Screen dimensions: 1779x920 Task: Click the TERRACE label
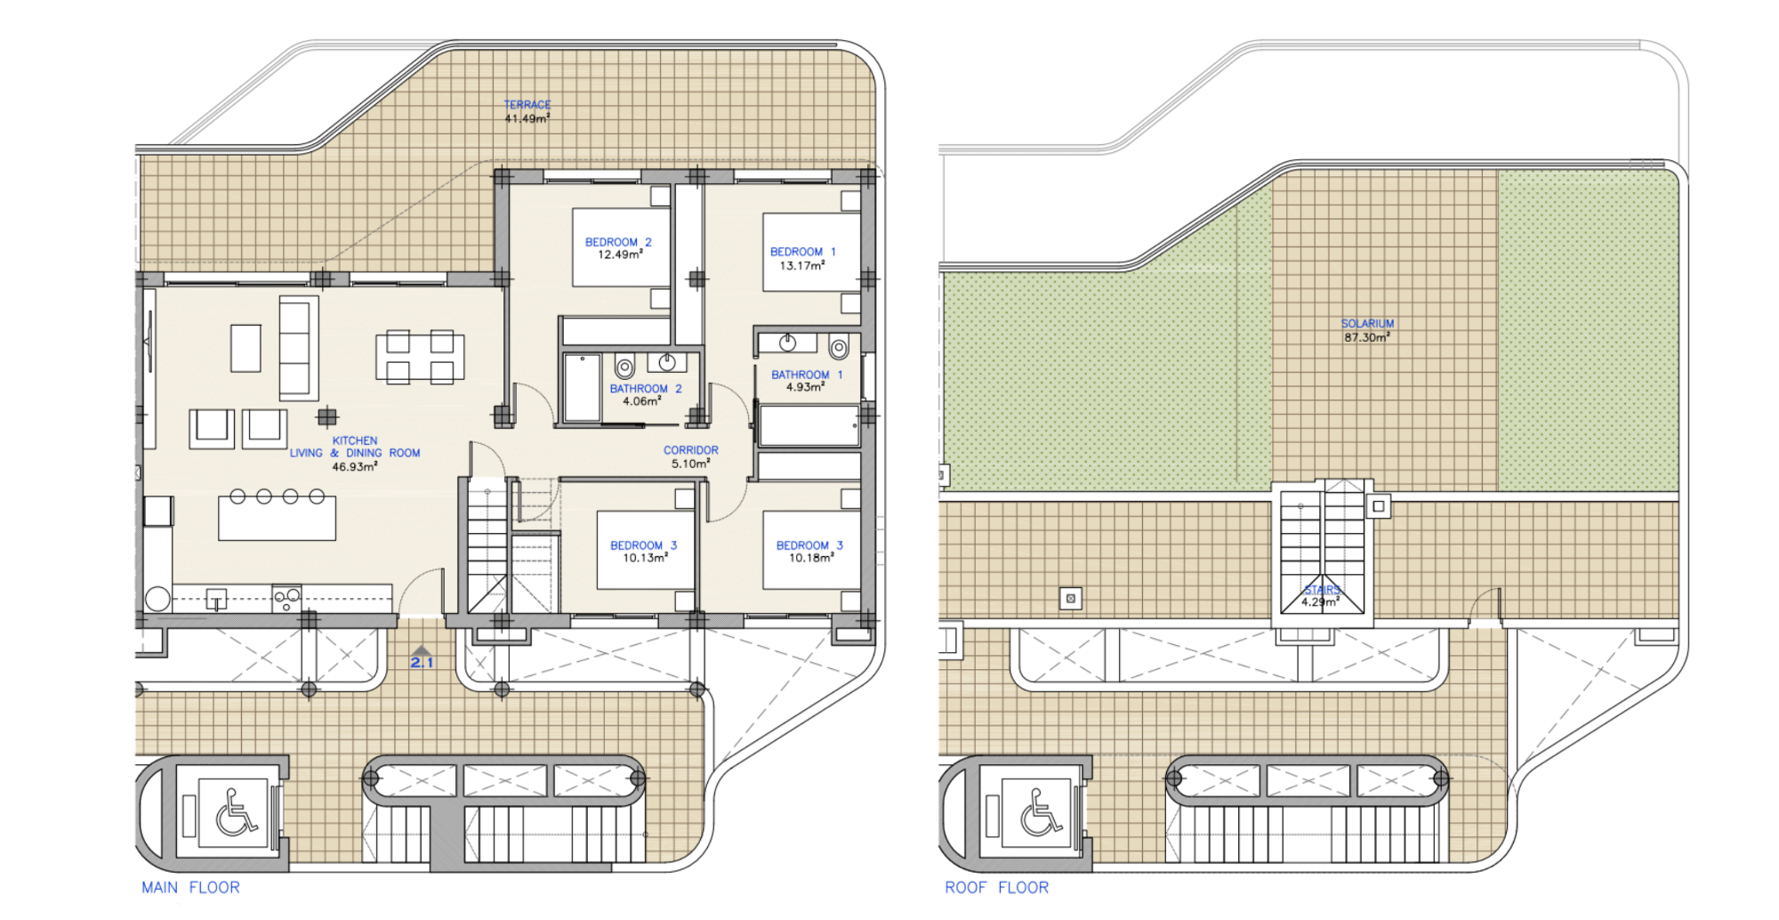[527, 105]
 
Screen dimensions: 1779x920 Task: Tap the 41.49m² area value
[527, 118]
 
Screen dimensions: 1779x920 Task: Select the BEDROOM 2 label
[618, 242]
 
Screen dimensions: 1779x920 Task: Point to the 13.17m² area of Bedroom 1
[802, 265]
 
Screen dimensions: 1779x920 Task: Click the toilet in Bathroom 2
[625, 365]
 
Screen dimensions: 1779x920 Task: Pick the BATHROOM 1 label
[807, 375]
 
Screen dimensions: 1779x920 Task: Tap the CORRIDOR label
[691, 450]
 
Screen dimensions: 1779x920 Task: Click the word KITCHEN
[355, 440]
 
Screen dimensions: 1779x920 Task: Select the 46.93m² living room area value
[355, 466]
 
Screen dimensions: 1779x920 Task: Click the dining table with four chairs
[420, 357]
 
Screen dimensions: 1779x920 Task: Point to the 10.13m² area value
[646, 558]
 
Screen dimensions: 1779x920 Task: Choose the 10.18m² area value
[811, 558]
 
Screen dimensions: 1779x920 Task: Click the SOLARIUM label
[1368, 324]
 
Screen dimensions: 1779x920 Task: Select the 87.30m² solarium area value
[1367, 337]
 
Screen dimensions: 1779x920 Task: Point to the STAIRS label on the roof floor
[1322, 590]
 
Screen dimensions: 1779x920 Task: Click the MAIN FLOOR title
[190, 887]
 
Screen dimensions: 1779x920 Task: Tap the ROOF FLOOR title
[996, 887]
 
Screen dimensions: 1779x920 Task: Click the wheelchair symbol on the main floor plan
[236, 813]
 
